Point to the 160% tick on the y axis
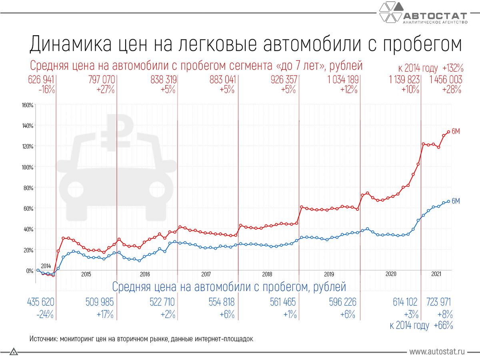click(x=27, y=105)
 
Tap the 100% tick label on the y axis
click(x=27, y=167)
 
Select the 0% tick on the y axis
click(x=30, y=271)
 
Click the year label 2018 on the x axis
click(x=267, y=274)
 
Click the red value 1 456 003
click(x=446, y=79)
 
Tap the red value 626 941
click(x=41, y=79)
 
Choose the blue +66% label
click(x=443, y=326)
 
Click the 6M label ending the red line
click(x=456, y=131)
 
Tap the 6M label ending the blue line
click(x=456, y=201)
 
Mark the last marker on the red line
click(x=449, y=132)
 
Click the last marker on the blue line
click(x=449, y=201)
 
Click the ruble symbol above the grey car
click(x=116, y=132)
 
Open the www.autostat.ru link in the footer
click(x=437, y=352)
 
